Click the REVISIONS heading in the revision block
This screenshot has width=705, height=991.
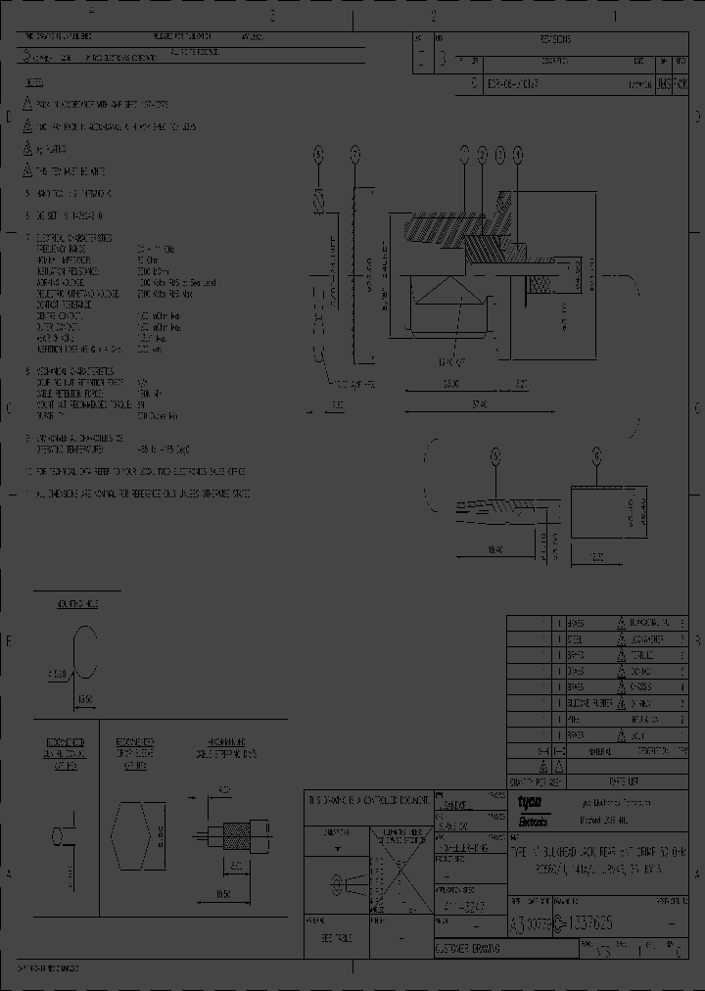[x=560, y=40]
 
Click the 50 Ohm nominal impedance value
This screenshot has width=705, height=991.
[x=147, y=260]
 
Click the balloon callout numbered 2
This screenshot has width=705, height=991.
[x=482, y=154]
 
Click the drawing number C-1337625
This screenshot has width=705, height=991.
[x=587, y=923]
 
